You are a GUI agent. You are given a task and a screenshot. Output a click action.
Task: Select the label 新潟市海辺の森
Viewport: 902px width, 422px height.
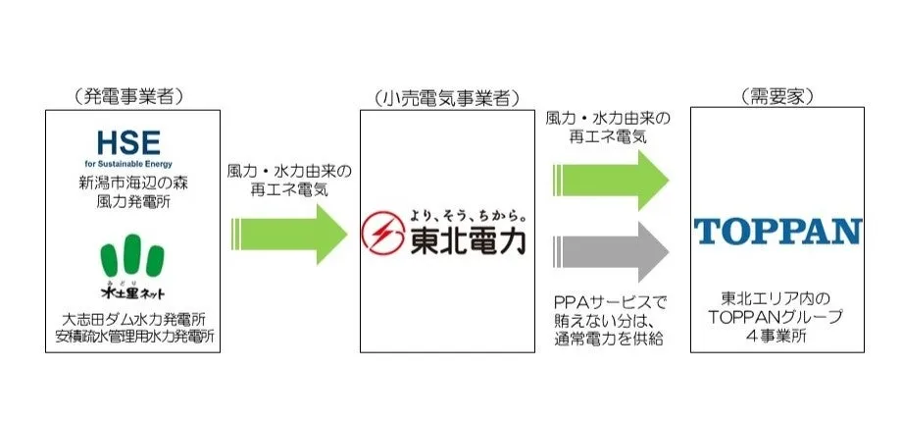[133, 185]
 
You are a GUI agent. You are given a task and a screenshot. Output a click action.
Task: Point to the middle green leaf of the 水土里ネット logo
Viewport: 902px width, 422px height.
[133, 253]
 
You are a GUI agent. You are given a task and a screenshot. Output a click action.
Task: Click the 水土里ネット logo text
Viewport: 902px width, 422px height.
[133, 291]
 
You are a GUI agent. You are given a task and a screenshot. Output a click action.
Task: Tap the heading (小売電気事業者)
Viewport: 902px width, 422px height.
[446, 99]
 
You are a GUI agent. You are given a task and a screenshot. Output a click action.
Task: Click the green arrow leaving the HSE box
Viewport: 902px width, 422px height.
[289, 235]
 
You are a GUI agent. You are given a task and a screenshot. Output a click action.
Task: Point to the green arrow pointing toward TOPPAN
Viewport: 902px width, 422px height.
[611, 181]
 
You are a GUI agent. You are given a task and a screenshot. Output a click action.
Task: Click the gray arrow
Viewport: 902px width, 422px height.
[611, 251]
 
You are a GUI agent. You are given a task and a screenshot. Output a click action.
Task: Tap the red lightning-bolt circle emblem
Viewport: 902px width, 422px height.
[383, 234]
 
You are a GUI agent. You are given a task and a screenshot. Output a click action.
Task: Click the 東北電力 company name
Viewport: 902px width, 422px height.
[468, 241]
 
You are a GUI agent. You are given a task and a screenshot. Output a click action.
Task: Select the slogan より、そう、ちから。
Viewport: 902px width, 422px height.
[468, 217]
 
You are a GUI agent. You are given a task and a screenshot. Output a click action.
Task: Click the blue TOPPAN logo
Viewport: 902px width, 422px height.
[777, 232]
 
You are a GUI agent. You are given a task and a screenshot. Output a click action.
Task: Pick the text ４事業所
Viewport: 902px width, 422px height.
[777, 336]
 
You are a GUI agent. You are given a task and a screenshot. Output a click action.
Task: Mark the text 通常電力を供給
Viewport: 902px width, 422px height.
[609, 339]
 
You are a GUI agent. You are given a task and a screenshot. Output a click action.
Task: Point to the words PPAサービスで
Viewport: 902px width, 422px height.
[609, 303]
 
